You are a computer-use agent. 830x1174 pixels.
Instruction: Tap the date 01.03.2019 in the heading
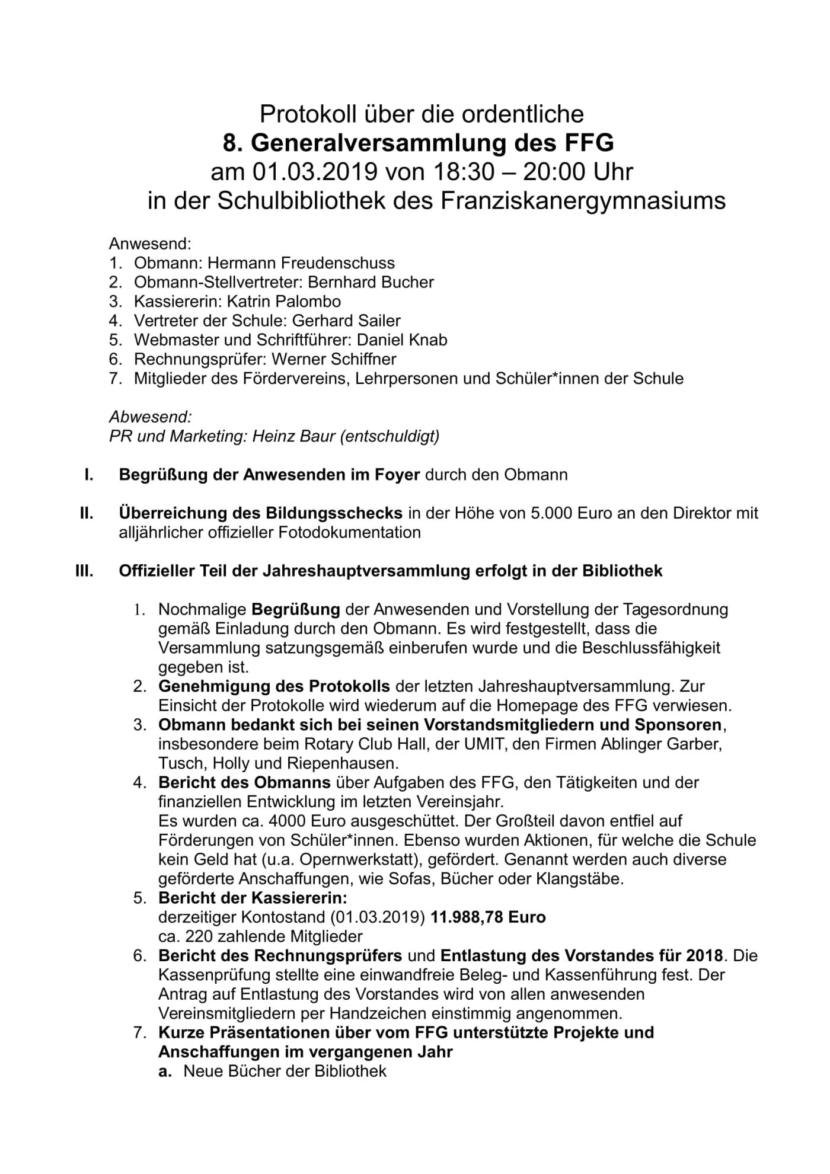316,172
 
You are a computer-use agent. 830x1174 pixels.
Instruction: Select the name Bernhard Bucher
371,282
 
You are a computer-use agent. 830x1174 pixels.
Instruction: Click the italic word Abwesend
150,417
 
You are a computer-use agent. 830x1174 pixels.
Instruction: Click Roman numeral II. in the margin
87,513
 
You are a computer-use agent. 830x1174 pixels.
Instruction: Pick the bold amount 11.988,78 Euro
488,917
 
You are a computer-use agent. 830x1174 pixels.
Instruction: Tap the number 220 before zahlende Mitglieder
197,936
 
